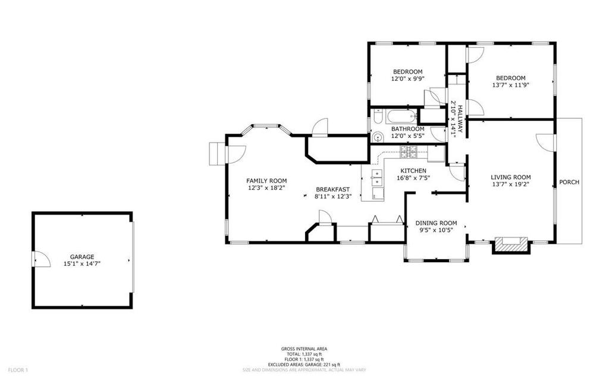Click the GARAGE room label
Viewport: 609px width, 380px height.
pos(82,257)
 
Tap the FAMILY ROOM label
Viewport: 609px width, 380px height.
pos(266,181)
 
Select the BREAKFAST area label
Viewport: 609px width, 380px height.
pos(333,190)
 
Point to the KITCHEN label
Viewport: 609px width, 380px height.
pos(413,171)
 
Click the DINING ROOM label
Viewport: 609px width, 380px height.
pos(436,223)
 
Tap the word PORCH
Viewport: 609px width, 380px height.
pos(569,182)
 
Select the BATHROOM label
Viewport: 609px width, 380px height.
pos(407,129)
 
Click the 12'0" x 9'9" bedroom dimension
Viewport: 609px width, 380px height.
pos(407,78)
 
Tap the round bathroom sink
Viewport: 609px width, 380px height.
pos(377,137)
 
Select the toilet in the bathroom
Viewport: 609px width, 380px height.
pos(376,117)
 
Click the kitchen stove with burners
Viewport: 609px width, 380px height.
pos(408,152)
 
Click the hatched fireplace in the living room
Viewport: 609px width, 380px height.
pos(511,245)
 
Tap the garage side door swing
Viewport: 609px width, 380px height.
pos(42,259)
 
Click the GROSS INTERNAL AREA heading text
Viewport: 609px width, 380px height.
pos(304,349)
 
